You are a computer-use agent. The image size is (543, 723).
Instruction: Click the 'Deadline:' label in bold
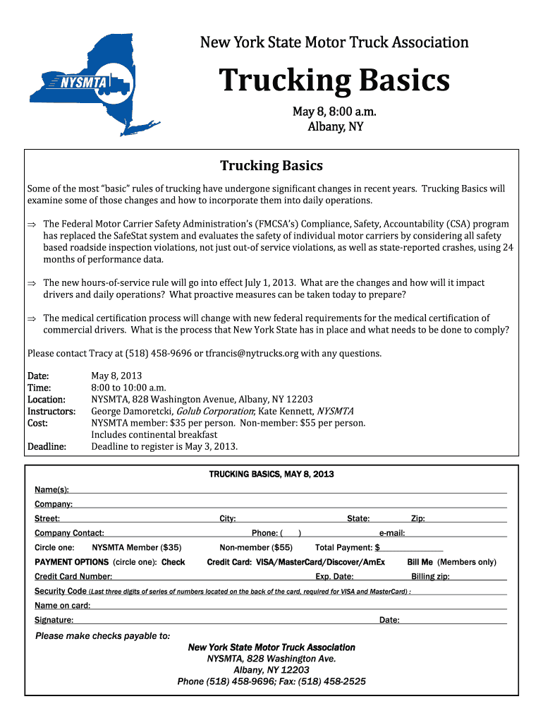coord(47,446)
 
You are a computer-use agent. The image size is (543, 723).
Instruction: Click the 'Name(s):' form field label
coord(52,489)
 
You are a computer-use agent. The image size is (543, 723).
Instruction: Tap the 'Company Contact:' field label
coord(69,533)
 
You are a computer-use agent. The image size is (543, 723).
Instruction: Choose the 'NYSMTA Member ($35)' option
coord(137,547)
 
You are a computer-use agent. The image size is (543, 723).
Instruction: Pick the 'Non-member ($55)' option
coord(255,547)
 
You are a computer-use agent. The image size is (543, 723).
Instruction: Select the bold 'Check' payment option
coord(173,562)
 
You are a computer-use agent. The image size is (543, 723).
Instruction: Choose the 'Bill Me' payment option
coord(420,562)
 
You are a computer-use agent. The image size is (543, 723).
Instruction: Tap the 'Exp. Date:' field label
coord(334,576)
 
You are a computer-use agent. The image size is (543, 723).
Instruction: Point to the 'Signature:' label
coord(54,620)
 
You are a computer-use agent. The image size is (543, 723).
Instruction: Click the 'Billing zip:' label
coord(430,576)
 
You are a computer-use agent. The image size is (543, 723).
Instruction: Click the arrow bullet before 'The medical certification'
coord(31,318)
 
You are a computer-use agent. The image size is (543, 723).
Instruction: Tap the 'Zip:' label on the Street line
coord(417,518)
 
